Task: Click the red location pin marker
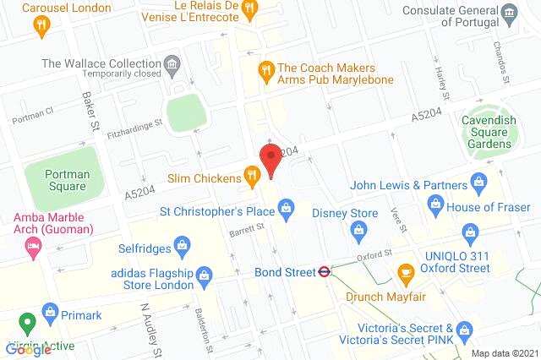270,160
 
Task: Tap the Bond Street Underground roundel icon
324,272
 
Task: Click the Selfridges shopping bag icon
180,247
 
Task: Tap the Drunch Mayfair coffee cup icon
405,272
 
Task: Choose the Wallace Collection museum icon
172,63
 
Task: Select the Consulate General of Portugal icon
509,13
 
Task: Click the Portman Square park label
56,179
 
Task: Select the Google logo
28,348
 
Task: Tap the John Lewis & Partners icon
478,182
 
